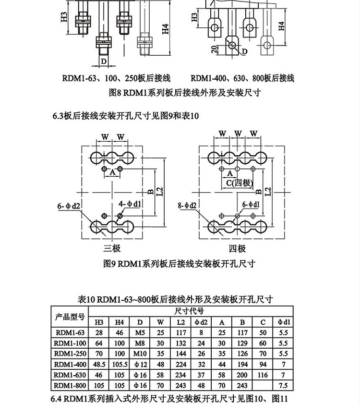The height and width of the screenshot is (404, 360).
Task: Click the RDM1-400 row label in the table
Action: click(x=70, y=364)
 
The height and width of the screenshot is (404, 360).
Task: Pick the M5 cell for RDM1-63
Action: click(x=140, y=332)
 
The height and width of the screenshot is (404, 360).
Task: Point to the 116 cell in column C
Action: click(x=263, y=375)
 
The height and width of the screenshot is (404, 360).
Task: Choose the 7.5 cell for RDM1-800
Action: click(x=283, y=385)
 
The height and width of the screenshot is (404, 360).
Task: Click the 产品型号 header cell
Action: click(x=70, y=317)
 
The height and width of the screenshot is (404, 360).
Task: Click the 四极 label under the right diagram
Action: click(x=237, y=248)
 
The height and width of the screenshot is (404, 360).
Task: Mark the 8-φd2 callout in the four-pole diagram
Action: click(x=187, y=205)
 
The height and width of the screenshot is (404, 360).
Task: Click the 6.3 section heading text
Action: click(x=125, y=116)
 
